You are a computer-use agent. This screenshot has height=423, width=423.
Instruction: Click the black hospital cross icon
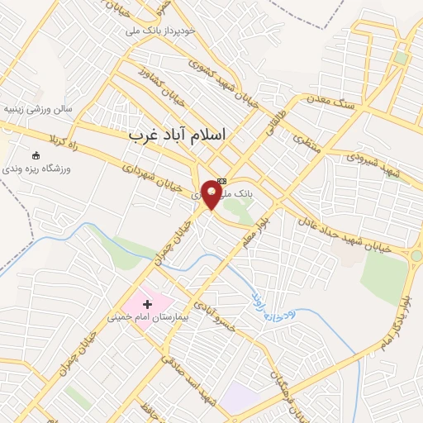(x=148, y=304)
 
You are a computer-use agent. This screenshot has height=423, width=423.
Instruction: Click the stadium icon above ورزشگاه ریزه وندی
(x=35, y=155)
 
